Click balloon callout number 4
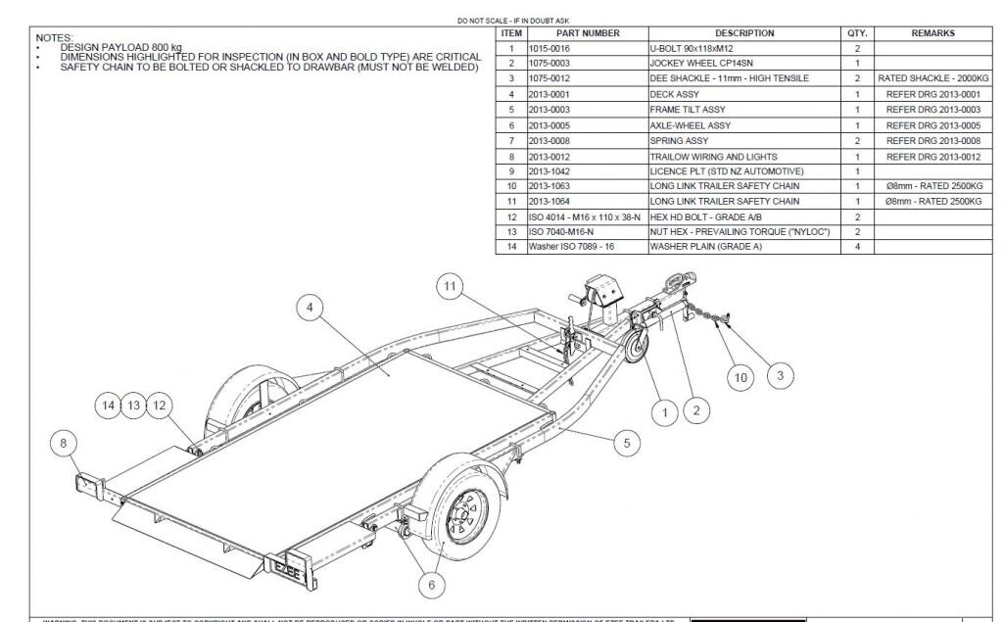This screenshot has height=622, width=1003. pos(310,308)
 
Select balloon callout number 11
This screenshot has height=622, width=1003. pos(451,286)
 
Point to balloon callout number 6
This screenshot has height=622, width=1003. pos(431,585)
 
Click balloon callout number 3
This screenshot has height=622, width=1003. pos(780,375)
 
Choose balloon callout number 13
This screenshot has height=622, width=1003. pos(133,404)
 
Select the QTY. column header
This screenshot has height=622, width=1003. pos(857,33)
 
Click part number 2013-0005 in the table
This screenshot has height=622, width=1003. pos(549,125)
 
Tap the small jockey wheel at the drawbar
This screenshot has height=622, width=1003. pos(638,350)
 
